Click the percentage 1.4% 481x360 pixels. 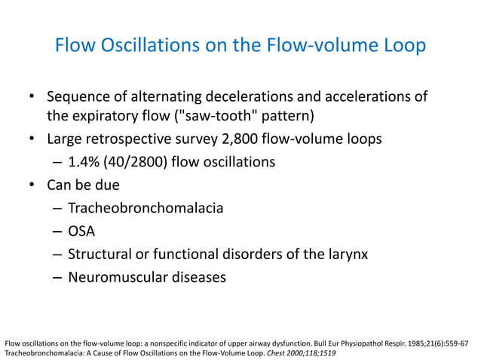tap(85, 161)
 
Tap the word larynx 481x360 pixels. tap(347, 253)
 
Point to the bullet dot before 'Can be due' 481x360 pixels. tap(32, 184)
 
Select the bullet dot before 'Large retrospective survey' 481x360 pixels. tap(32, 139)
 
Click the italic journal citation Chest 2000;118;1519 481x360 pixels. tap(300, 352)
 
